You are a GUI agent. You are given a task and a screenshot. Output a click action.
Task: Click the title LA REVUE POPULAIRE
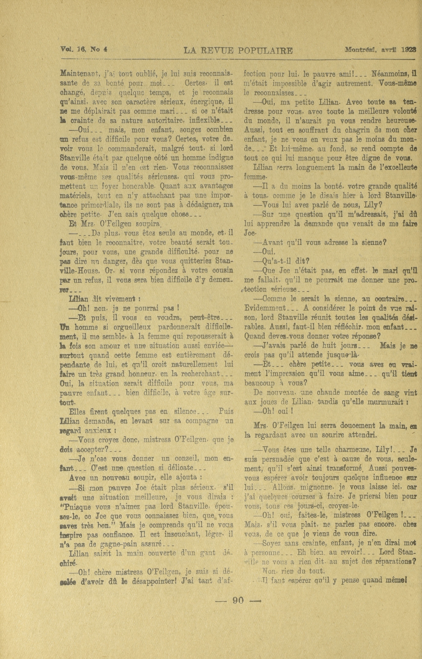[238, 51]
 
